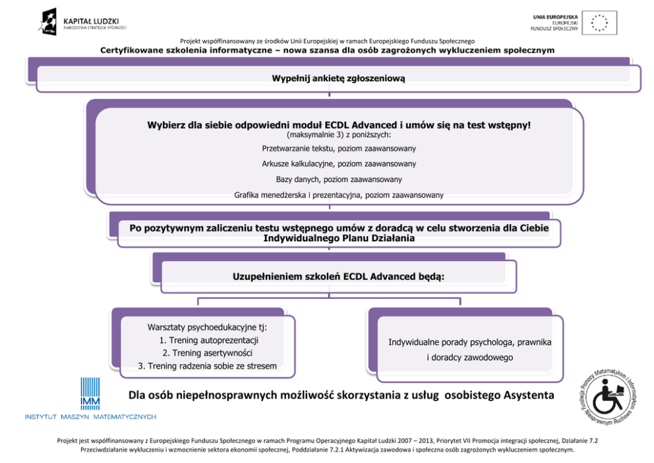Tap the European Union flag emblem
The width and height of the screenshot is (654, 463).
coord(599,23)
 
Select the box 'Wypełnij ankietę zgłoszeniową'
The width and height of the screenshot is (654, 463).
coord(338,78)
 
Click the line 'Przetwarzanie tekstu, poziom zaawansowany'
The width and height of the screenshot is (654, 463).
coord(339,148)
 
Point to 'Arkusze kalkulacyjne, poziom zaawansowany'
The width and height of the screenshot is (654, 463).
coord(339,164)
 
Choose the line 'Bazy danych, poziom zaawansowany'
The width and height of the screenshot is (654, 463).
coord(339,179)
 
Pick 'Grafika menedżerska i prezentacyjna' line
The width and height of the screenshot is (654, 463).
coord(339,195)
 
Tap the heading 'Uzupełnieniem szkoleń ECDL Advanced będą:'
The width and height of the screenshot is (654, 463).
coord(338,276)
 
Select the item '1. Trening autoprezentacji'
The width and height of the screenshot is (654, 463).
coord(208,340)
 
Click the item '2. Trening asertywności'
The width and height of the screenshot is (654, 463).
coord(208,353)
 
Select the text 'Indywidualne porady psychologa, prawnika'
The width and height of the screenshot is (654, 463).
coord(469,342)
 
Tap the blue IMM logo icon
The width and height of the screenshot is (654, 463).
coord(90,394)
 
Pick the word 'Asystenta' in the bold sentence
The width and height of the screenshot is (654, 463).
coord(521,395)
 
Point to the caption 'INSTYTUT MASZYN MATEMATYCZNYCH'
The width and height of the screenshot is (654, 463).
coord(90,417)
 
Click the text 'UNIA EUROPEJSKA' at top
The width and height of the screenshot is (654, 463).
coord(555,16)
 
